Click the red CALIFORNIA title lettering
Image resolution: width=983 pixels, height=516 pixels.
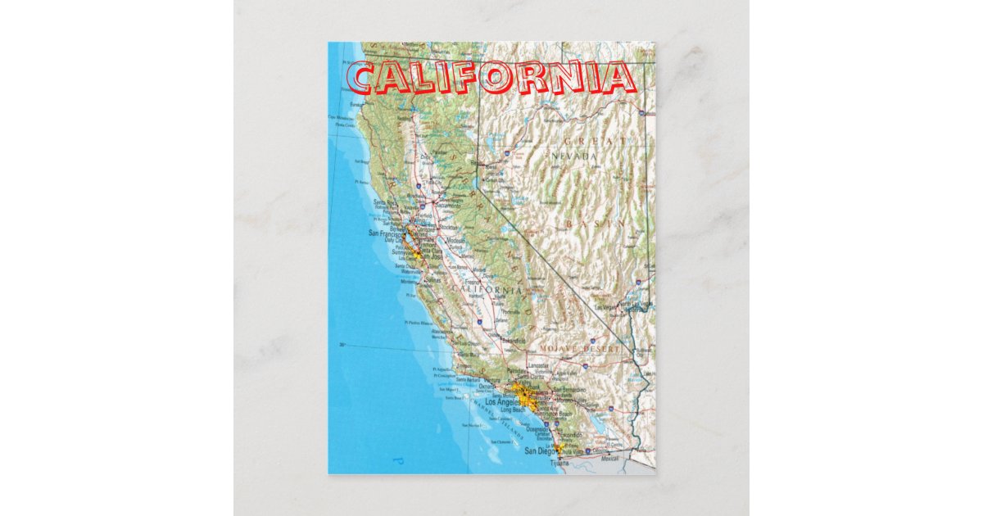click(491, 79)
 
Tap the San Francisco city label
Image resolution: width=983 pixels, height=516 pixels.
click(385, 233)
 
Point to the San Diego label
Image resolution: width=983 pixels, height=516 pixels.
click(540, 451)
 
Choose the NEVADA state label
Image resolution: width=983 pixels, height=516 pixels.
click(574, 156)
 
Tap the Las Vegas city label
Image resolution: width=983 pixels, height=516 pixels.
click(605, 307)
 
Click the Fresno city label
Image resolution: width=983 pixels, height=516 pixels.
click(473, 283)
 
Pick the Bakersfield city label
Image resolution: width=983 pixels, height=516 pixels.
click(513, 340)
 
